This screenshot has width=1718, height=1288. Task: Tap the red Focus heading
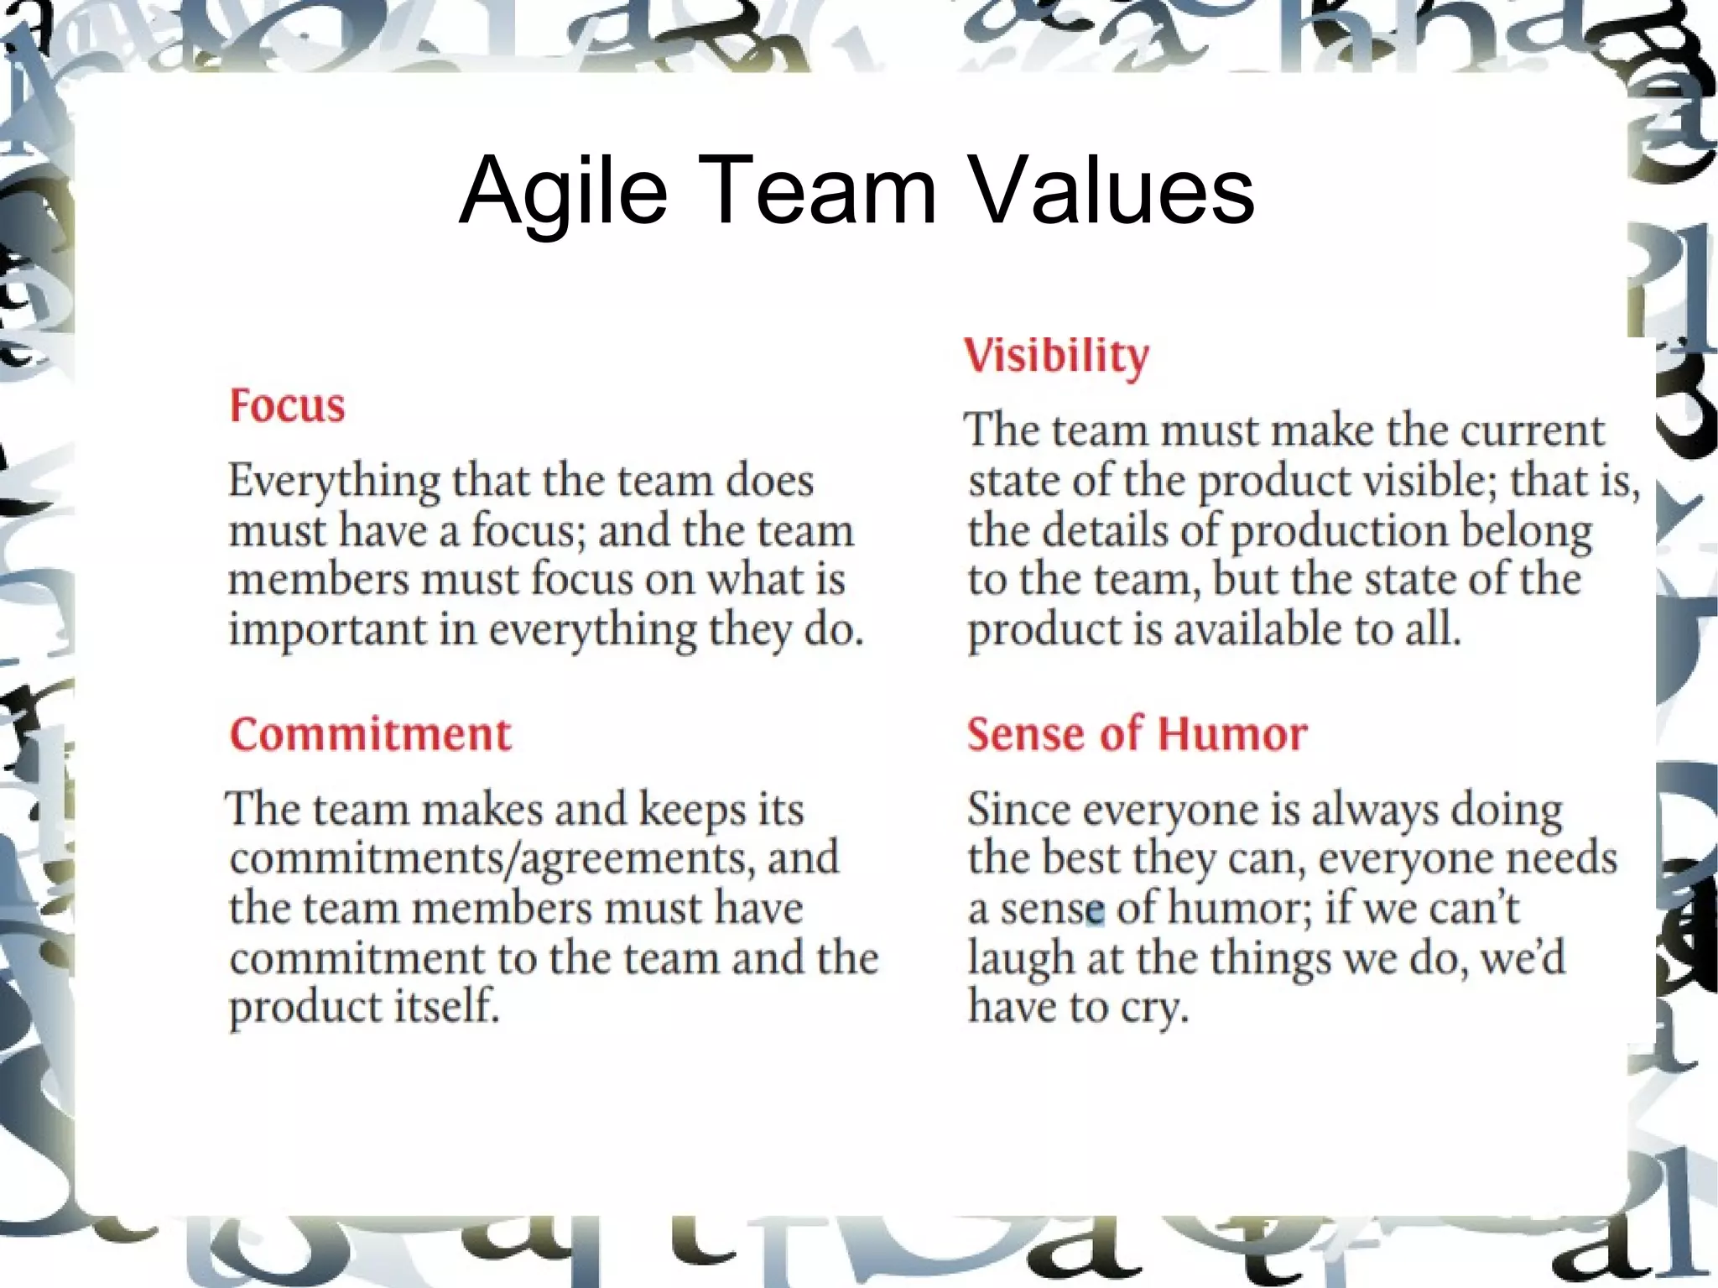click(287, 405)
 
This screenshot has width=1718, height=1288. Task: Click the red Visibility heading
click(1056, 355)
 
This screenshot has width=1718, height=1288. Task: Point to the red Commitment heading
click(370, 734)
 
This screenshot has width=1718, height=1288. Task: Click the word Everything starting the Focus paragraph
click(335, 482)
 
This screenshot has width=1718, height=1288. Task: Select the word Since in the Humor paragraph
click(1019, 810)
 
